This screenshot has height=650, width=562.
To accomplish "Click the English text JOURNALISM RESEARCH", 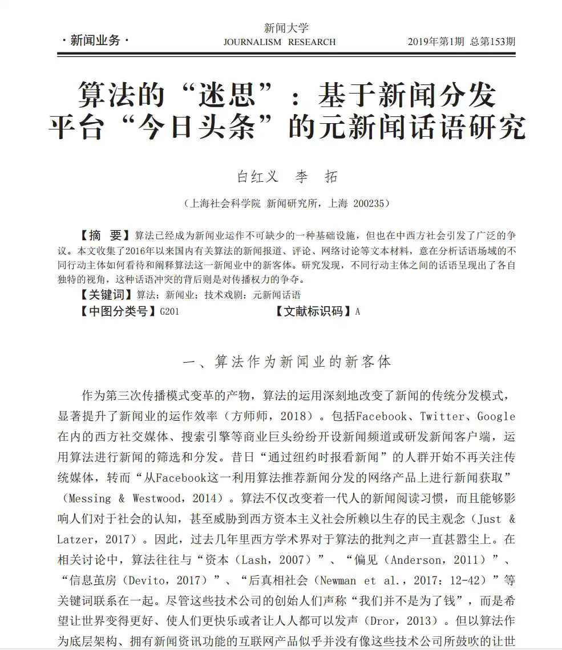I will (x=280, y=42).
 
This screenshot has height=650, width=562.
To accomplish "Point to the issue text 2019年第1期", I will (x=435, y=42).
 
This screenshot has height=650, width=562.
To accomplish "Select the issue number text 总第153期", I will (x=492, y=42).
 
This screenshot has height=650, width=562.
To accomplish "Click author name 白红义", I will (x=257, y=177).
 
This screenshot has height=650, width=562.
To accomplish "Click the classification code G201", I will (x=169, y=311).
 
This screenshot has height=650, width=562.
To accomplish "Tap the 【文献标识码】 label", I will (x=311, y=311).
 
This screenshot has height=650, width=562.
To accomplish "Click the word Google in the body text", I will (x=496, y=416).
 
